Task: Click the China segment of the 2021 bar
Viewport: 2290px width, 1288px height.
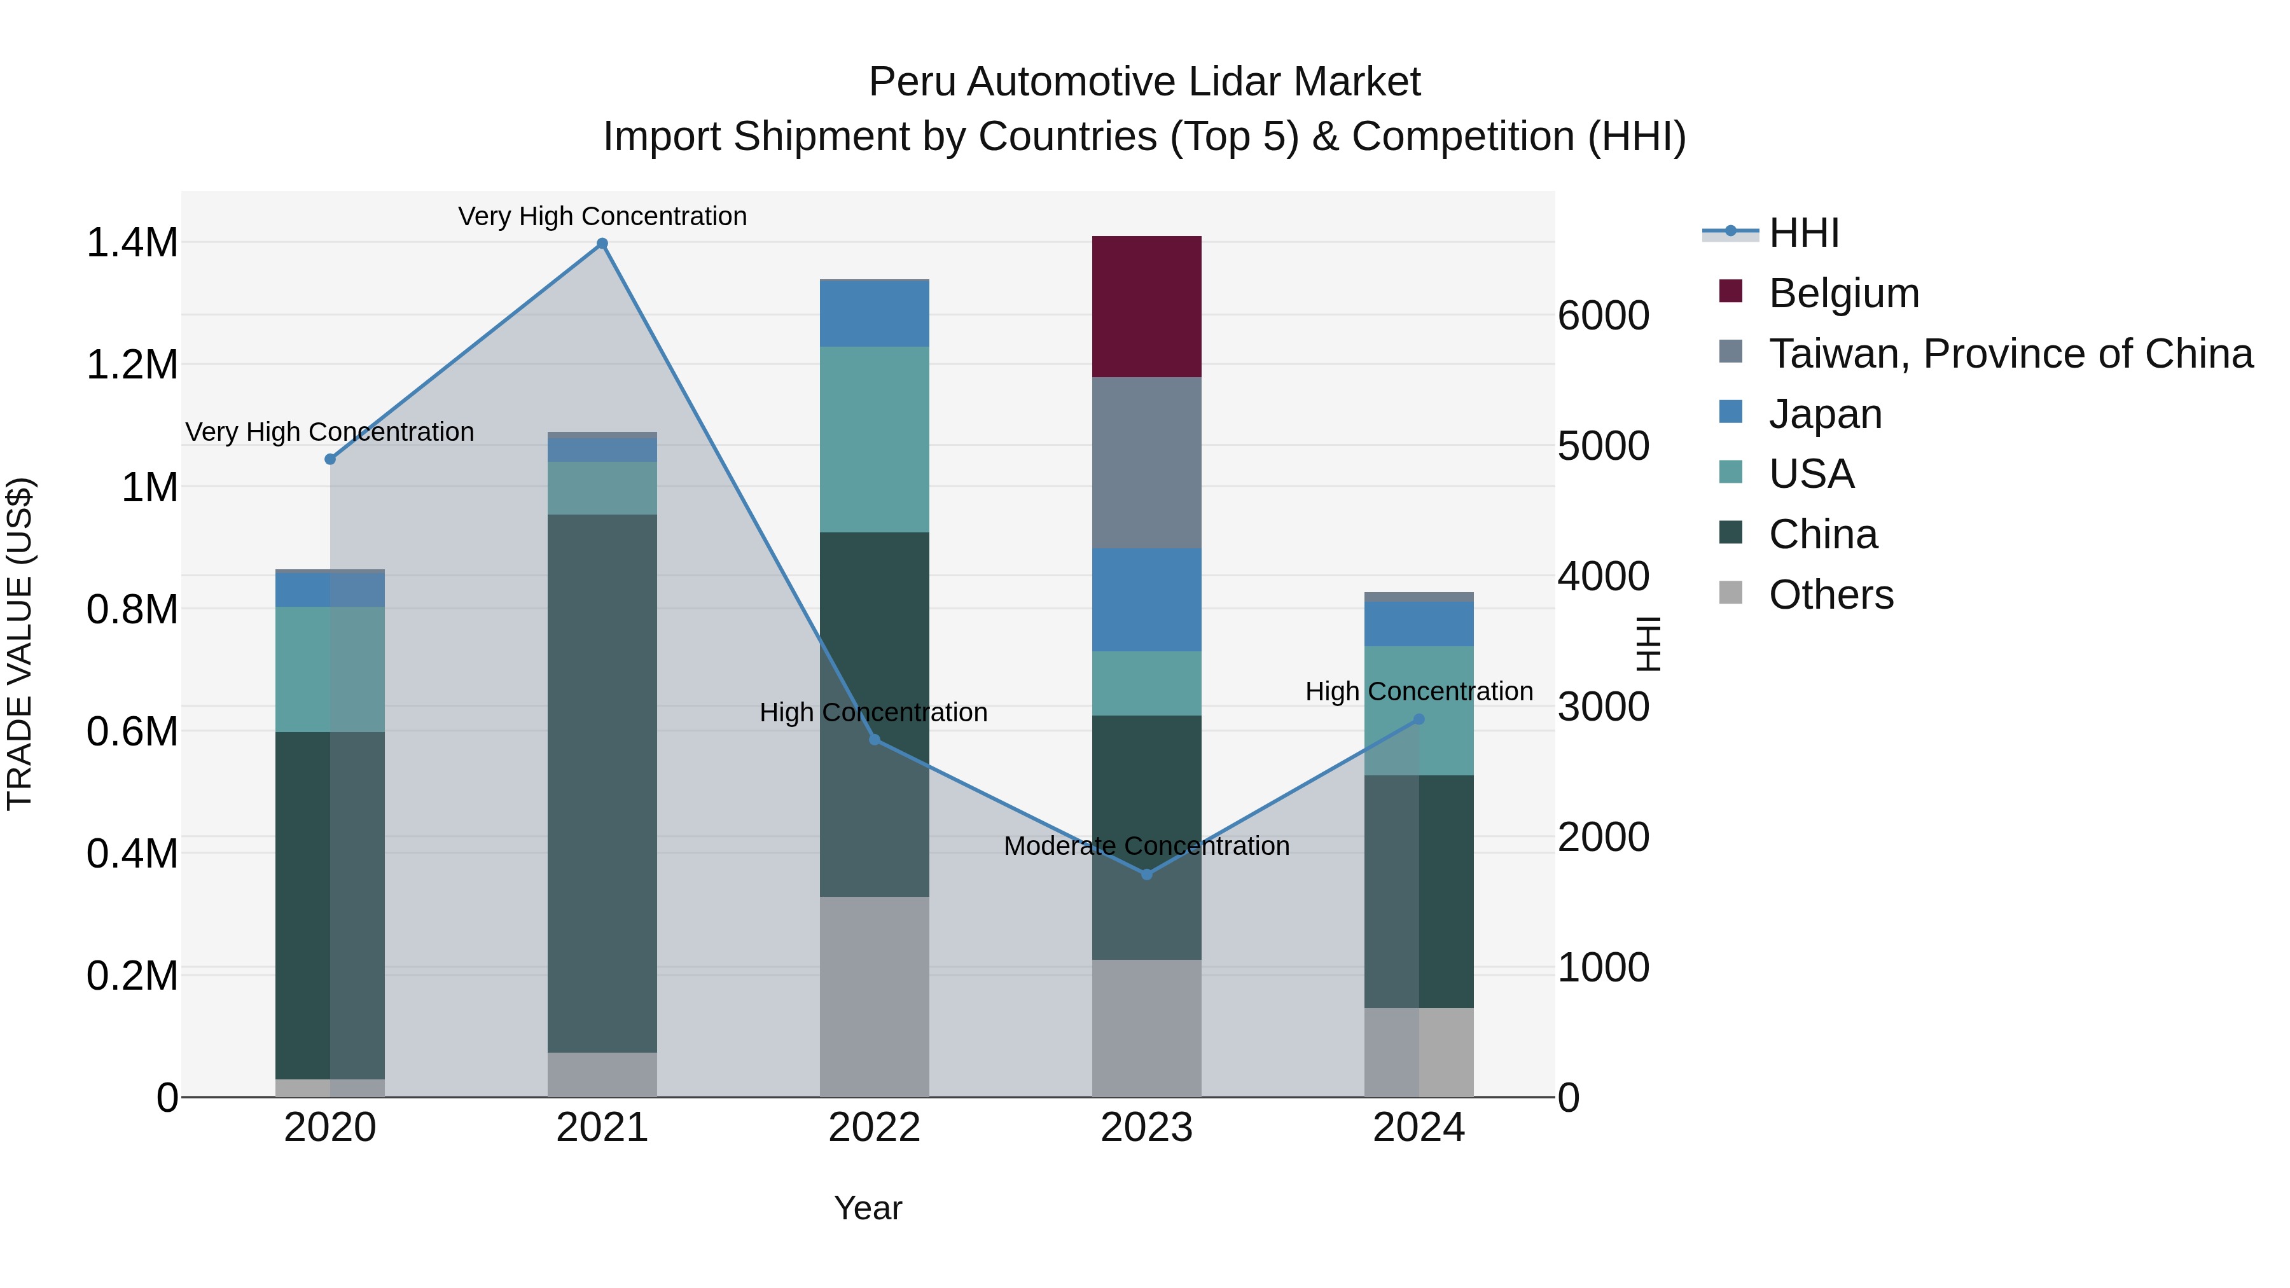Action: pos(602,782)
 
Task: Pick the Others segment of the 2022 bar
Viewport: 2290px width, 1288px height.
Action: pos(874,995)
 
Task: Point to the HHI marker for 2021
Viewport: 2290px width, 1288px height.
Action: pos(602,244)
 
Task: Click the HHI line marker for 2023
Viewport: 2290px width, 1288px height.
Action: pos(1147,875)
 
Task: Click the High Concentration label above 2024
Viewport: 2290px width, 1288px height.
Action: pos(1419,691)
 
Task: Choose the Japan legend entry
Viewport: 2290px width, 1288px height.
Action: pos(1824,414)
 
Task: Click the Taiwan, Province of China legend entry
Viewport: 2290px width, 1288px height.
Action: pos(2009,354)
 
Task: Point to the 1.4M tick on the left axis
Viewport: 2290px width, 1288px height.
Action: pos(132,243)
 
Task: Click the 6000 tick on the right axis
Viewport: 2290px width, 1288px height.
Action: pos(1604,315)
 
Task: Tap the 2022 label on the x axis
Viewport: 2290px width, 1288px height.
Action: pos(874,1128)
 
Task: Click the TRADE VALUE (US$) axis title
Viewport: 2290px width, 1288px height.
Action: pos(20,644)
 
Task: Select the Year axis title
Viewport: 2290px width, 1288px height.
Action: pos(868,1208)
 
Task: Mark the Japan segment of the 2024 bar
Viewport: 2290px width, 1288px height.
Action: pos(1419,624)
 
